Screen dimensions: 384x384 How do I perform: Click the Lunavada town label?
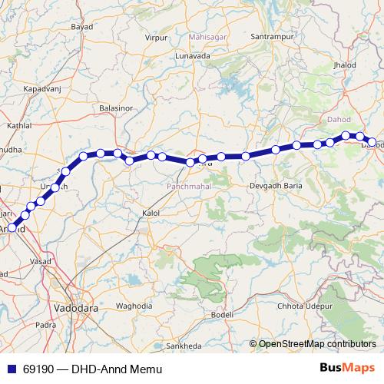coord(192,56)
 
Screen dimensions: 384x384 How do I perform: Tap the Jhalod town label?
coord(345,65)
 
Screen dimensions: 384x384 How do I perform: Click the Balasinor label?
coord(117,110)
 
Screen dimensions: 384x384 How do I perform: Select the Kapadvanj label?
coord(41,90)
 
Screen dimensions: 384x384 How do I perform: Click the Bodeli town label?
coord(222,315)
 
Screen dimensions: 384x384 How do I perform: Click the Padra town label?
coord(45,324)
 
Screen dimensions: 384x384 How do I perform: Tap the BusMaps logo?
coord(348,369)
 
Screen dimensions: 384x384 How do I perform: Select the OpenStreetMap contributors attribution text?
coord(317,344)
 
